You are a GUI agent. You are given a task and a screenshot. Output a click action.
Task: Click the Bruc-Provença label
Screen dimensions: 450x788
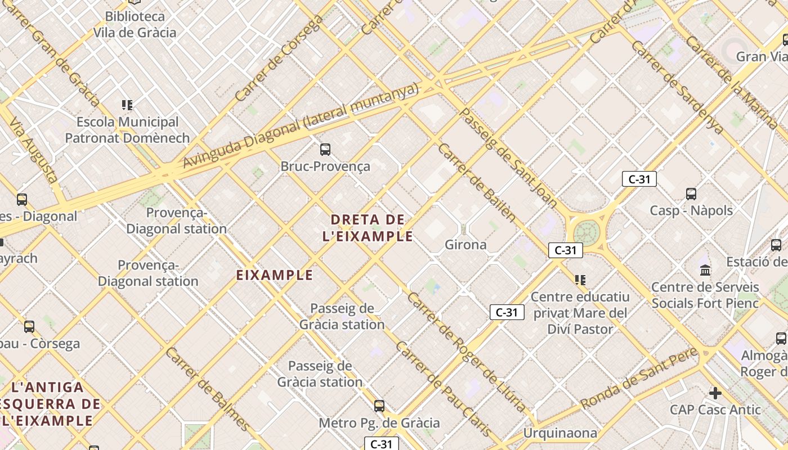[x=325, y=166]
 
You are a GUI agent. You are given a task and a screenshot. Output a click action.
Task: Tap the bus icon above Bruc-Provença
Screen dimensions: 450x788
[x=325, y=150]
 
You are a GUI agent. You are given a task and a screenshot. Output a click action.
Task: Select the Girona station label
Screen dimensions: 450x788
[x=465, y=245]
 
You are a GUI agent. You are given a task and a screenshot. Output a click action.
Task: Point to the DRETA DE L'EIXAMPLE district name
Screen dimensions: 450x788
[x=368, y=228]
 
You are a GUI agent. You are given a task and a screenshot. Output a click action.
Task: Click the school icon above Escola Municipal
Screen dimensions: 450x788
[x=127, y=105]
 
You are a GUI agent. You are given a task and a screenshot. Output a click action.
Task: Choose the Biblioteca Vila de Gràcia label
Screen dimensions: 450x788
[x=135, y=25]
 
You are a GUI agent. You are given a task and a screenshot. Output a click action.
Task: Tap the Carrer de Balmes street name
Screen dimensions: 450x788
[x=207, y=389]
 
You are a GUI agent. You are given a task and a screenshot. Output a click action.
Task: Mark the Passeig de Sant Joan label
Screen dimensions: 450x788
[x=508, y=157]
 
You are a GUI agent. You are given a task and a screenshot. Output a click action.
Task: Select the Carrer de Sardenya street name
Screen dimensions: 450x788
[x=677, y=87]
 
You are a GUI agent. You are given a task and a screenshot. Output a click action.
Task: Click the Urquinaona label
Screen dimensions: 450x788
[x=560, y=433]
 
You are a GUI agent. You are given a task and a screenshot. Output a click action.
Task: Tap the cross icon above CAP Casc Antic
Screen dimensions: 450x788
[x=715, y=393]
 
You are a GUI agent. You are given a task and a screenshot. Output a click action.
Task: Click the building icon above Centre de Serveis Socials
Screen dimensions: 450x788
[x=705, y=271]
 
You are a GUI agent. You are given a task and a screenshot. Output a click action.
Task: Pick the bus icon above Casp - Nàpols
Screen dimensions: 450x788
[x=691, y=194]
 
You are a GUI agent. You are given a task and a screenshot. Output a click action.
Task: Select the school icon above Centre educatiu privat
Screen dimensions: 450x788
[x=580, y=280]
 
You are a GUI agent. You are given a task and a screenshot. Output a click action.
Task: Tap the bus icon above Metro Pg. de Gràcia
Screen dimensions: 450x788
[x=379, y=406]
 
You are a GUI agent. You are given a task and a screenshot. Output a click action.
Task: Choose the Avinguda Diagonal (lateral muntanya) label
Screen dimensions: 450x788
[x=302, y=127]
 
